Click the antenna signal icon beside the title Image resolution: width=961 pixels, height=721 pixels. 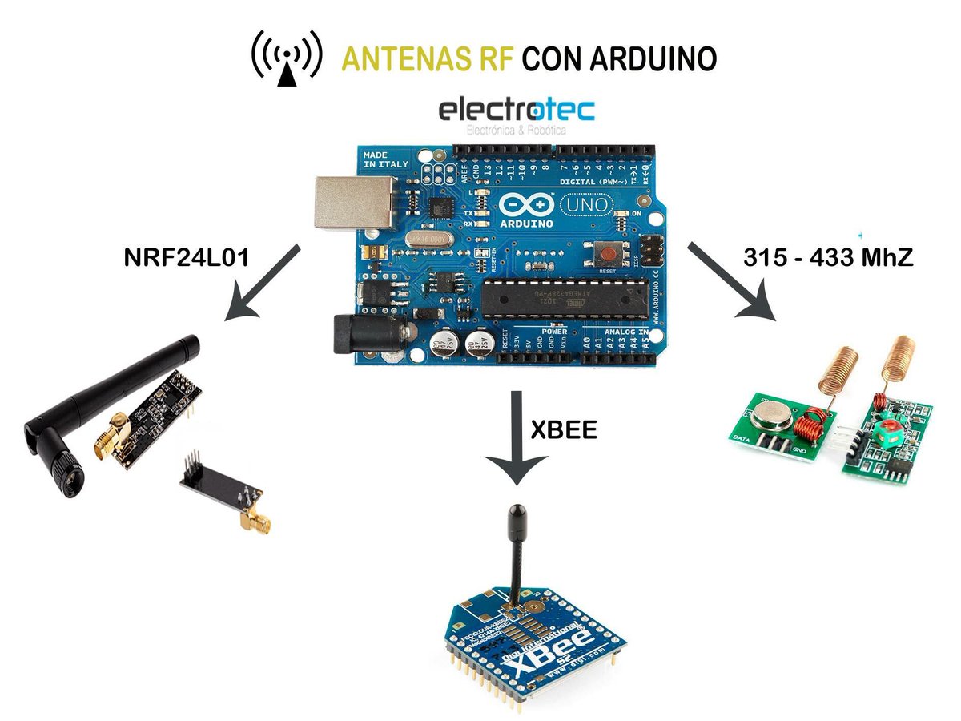click(x=287, y=58)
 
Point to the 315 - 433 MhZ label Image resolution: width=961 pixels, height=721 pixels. click(x=828, y=258)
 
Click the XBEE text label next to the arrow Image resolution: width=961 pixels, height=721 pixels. click(x=564, y=429)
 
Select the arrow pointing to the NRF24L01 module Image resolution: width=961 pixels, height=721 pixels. click(x=263, y=283)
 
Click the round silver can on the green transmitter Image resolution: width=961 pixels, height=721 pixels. click(x=771, y=415)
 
